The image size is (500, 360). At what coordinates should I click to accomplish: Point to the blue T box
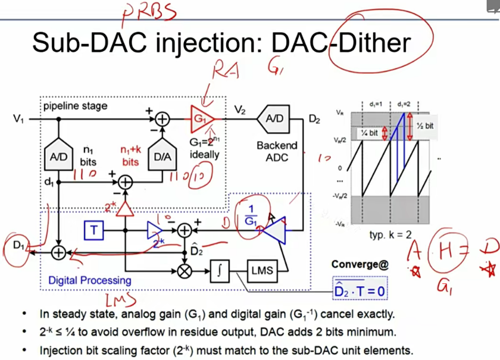point(93,229)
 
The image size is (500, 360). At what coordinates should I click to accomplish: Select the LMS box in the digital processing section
point(261,271)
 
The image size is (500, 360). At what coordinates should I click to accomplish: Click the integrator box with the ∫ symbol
point(220,271)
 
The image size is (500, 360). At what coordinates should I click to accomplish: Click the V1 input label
point(19,119)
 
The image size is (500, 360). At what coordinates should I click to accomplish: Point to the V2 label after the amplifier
point(240,109)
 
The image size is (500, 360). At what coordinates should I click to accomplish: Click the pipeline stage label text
point(75,106)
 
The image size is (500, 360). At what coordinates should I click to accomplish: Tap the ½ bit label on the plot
point(426,126)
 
